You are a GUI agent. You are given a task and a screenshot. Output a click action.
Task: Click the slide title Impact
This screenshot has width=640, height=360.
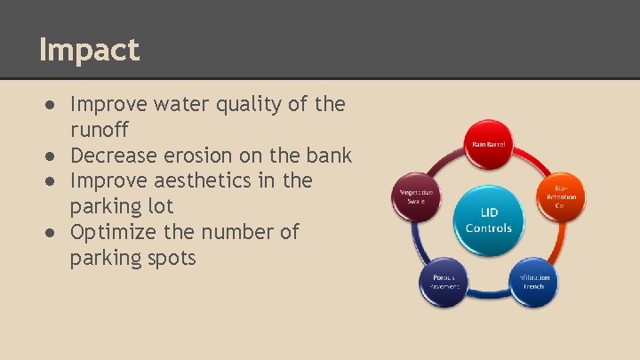pos(89,49)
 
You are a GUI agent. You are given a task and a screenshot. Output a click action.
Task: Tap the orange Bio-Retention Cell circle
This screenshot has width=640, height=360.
pos(562,196)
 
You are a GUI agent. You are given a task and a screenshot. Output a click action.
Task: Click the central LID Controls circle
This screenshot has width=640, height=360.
pos(488,220)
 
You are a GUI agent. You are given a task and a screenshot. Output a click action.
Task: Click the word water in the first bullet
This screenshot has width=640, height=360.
pos(180,105)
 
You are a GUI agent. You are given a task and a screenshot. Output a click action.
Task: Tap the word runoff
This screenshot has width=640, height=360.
pos(101,131)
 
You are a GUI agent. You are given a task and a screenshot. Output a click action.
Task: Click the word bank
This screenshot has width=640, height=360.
pos(329,156)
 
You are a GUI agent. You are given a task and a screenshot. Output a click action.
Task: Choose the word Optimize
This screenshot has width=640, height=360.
pos(112,233)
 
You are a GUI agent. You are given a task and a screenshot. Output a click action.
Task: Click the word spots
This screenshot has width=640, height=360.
pos(170,259)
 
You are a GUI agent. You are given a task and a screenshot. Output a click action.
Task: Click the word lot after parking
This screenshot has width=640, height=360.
pos(151,207)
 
